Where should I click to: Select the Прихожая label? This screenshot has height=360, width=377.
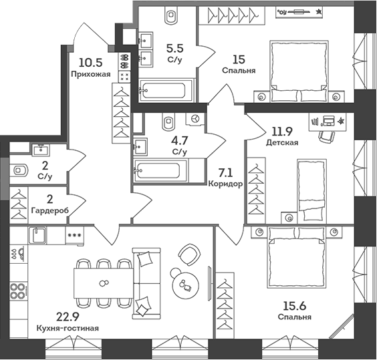pyautogui.click(x=90, y=74)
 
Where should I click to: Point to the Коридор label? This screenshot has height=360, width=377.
pyautogui.click(x=224, y=184)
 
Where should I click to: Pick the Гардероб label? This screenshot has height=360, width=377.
pyautogui.click(x=49, y=211)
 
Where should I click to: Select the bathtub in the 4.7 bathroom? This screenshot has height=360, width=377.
pyautogui.click(x=160, y=170)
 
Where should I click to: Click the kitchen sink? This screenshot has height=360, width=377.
pyautogui.click(x=37, y=235)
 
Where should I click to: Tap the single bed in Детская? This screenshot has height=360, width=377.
pyautogui.click(x=311, y=188)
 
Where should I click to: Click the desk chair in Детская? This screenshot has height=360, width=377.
pyautogui.click(x=326, y=134)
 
